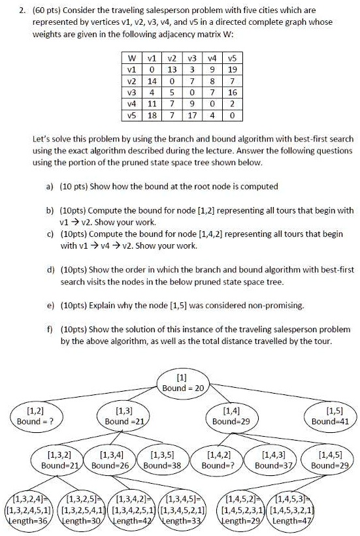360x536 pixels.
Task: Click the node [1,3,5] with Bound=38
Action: [161, 461]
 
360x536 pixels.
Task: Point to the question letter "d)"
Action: [50, 270]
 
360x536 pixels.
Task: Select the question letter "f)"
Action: [50, 330]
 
